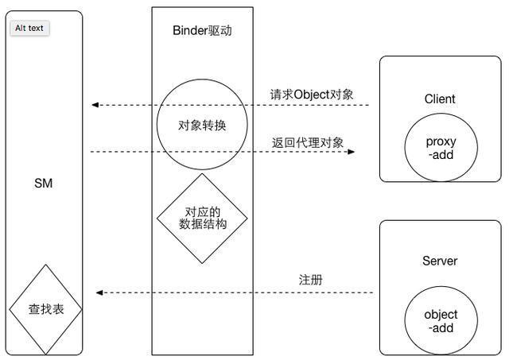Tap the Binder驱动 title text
coord(202,31)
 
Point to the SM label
coord(43,184)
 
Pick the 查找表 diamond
coord(45,310)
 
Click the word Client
coord(440,99)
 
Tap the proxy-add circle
coord(441,149)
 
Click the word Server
coord(440,261)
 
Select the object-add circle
coord(441,320)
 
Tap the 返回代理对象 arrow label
coord(308,142)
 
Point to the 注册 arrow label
coord(310,281)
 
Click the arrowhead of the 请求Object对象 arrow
coord(95,105)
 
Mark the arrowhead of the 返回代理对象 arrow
coord(350,151)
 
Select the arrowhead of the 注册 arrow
coord(100,292)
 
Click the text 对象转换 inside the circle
coord(202,125)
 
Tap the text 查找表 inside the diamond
coord(45,310)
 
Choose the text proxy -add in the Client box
coord(441,149)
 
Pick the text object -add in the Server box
coord(441,320)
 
